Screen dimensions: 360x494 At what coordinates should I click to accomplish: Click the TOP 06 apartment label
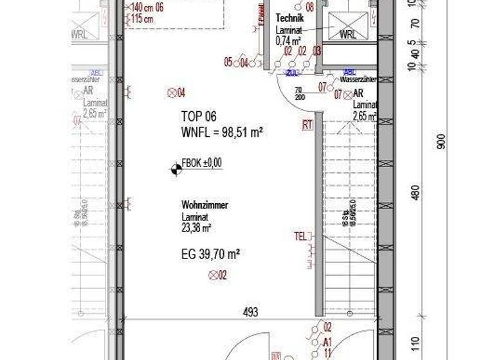point(199,116)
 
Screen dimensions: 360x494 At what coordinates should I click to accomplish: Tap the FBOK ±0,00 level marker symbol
point(175,168)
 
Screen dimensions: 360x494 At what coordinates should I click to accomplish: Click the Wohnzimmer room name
point(205,205)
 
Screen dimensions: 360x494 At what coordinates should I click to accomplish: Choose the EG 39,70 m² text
point(210,255)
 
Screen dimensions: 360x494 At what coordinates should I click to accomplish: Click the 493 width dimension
point(251,312)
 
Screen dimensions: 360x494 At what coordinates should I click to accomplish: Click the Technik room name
point(289,19)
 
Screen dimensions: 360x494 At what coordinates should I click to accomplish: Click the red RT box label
point(307,125)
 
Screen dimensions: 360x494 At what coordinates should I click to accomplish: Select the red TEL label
point(300,236)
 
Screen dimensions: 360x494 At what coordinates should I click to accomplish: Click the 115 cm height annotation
point(142,19)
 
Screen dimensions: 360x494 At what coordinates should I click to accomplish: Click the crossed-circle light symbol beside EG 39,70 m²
point(214,276)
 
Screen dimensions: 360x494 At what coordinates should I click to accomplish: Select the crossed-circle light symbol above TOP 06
point(172,93)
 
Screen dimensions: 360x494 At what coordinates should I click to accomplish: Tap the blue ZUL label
point(294,72)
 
